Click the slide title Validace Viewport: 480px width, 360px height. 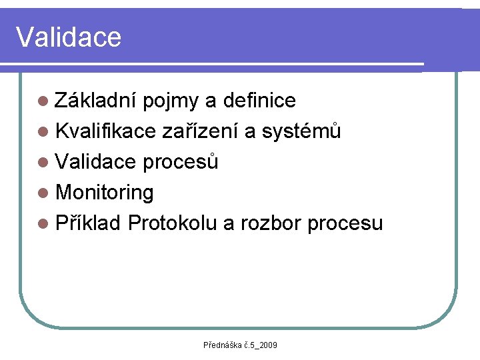69,37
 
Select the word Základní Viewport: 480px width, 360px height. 96,101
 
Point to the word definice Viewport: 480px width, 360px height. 260,101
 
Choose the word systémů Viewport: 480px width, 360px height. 301,131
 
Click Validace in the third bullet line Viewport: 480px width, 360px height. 96,162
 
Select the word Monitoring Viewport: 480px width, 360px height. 105,193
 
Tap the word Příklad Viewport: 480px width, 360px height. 89,223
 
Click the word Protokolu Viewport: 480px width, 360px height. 172,223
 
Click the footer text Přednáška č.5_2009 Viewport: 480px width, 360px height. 240,345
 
